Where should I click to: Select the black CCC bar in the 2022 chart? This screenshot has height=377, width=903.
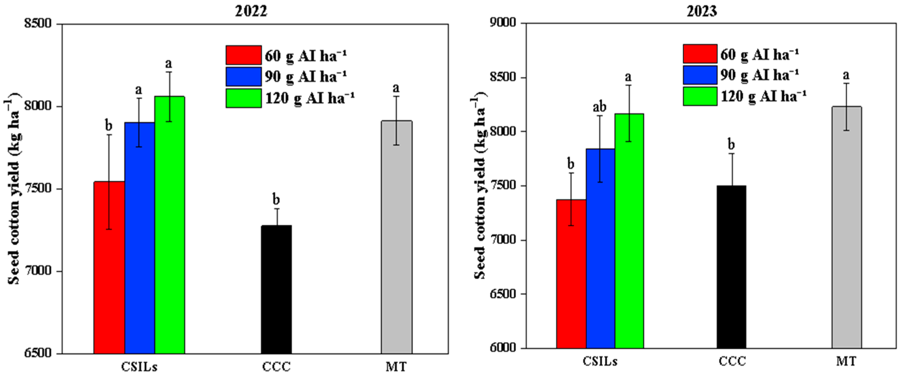pyautogui.click(x=276, y=289)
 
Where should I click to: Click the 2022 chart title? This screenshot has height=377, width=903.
pyautogui.click(x=251, y=11)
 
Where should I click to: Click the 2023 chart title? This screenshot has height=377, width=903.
pyautogui.click(x=701, y=11)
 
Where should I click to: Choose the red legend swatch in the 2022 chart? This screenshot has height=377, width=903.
pyautogui.click(x=243, y=55)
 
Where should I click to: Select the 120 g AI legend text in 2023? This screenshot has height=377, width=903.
pyautogui.click(x=763, y=96)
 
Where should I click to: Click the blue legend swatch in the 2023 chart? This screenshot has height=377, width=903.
pyautogui.click(x=700, y=75)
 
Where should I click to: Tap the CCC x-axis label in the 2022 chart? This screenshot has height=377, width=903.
pyautogui.click(x=276, y=367)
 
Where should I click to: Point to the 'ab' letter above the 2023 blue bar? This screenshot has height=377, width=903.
pyautogui.click(x=599, y=107)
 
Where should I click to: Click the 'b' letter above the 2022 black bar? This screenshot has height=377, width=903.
pyautogui.click(x=276, y=200)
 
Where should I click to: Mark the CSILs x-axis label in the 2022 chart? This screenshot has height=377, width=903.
pyautogui.click(x=139, y=367)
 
